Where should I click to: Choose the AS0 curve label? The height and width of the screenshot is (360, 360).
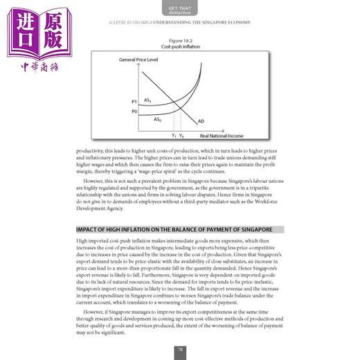pos(158,119)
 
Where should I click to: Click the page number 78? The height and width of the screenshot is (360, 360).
pos(179,350)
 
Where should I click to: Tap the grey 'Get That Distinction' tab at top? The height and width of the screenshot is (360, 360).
pos(179,8)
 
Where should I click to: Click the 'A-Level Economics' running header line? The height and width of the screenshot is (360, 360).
pos(179,22)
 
